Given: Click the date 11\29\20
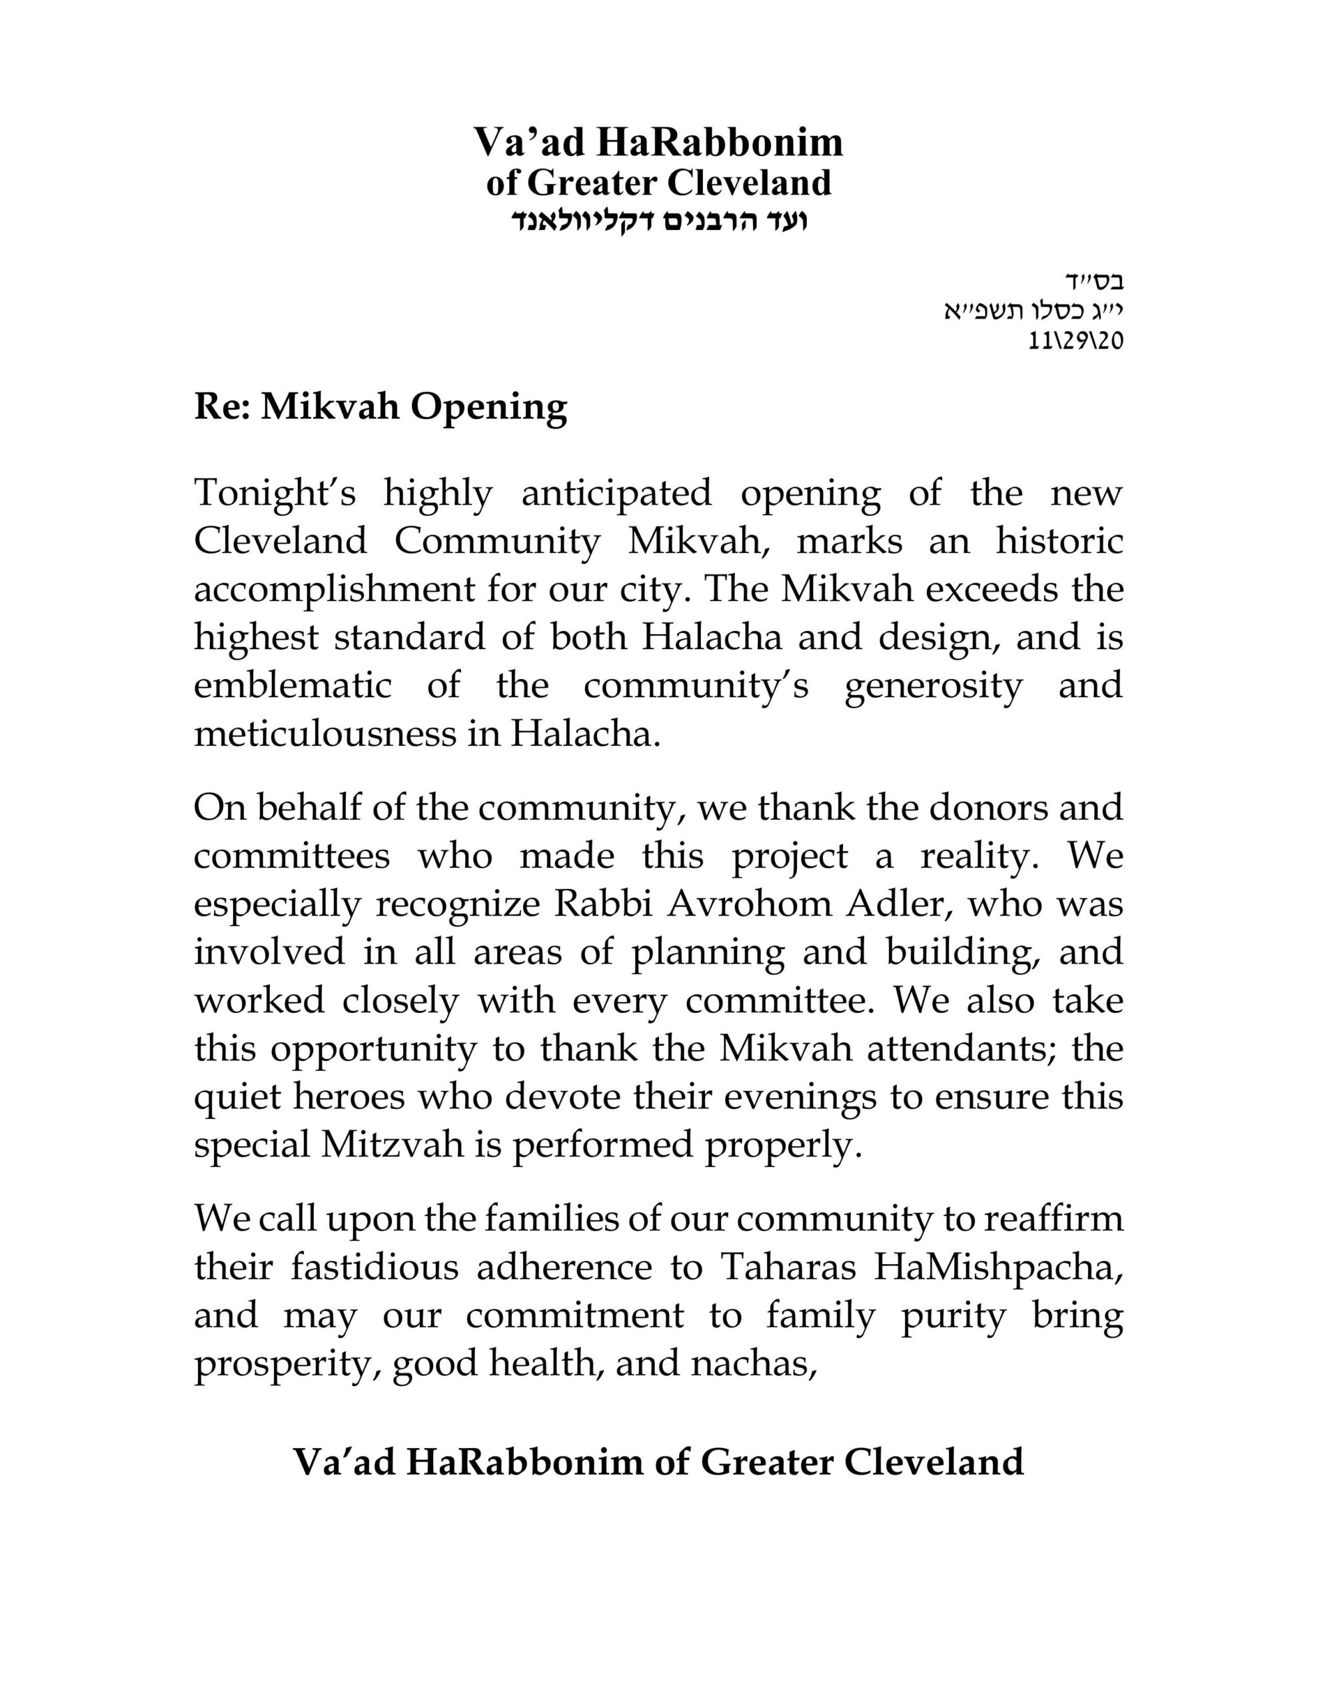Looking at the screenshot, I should (1076, 341).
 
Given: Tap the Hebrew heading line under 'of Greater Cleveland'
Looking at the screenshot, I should (658, 221).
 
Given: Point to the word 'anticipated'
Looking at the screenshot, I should (616, 494).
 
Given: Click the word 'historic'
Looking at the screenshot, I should (1059, 541).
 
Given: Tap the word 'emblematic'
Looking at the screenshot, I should (293, 686).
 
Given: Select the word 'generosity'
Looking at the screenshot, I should (933, 686).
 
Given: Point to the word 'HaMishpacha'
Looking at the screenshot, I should (997, 1267).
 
